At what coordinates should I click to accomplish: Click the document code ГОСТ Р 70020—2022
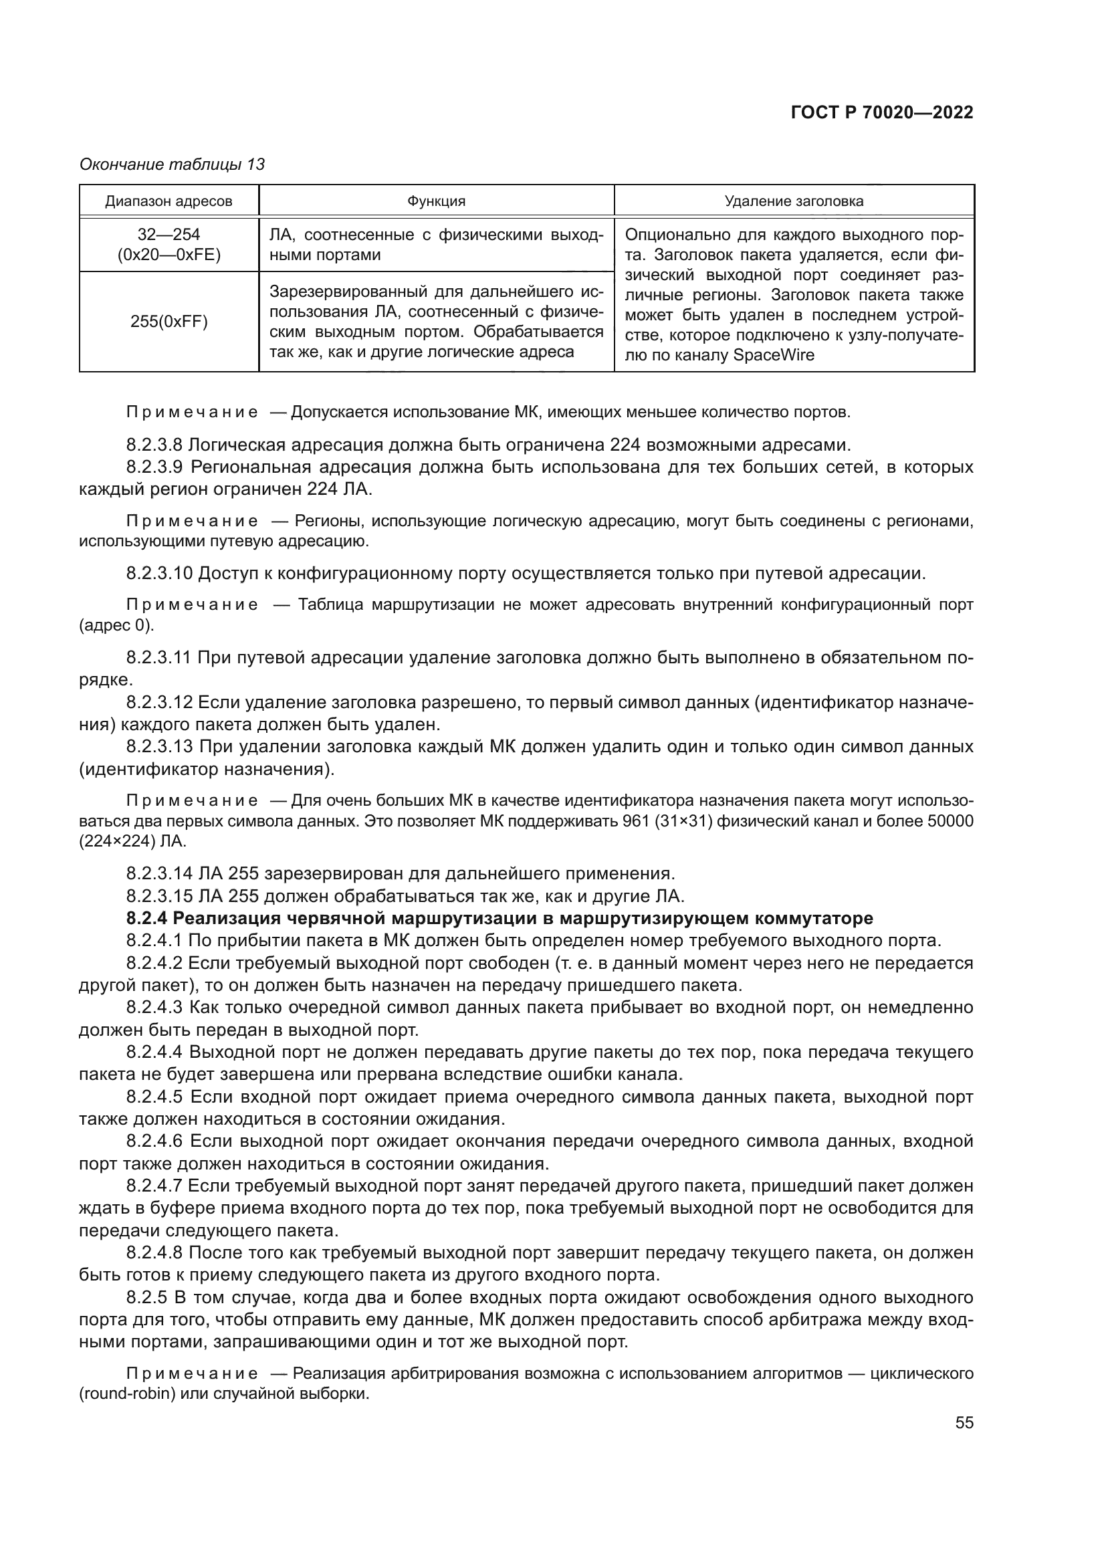pos(882,112)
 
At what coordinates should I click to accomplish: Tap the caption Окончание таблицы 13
pos(172,164)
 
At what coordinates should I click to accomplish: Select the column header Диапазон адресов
pos(169,201)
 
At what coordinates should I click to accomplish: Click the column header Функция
pos(436,201)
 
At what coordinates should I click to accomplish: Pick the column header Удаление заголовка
pos(794,201)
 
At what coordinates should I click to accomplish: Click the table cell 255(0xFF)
pos(169,322)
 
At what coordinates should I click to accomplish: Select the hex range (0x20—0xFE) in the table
pos(169,255)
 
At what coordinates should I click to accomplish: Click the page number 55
pos(964,1422)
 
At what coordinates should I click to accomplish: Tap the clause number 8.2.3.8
pos(154,445)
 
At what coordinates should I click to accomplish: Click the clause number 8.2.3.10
pos(159,573)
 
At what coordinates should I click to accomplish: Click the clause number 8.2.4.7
pos(154,1186)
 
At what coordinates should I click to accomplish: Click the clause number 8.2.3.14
pos(159,873)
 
